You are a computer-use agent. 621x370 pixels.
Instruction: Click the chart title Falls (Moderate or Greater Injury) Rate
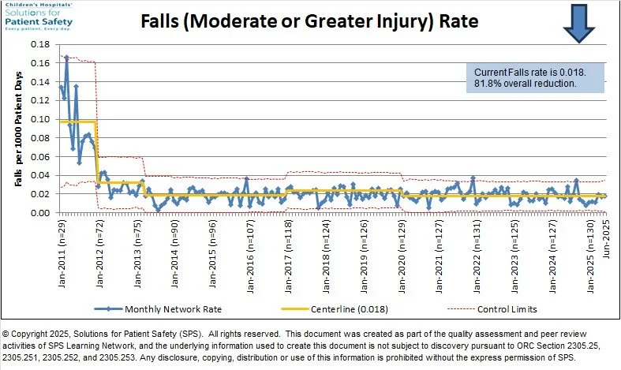pyautogui.click(x=309, y=21)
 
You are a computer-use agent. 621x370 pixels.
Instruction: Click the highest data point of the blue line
pyautogui.click(x=66, y=58)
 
